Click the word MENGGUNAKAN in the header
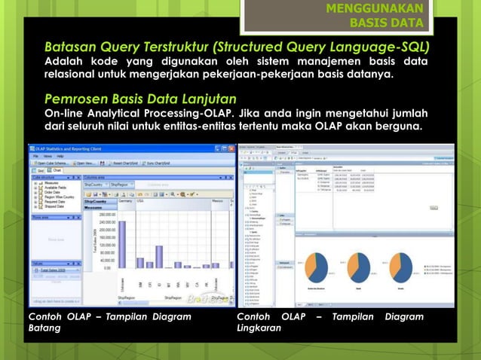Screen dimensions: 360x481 pos(374,8)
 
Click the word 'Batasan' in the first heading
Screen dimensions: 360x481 pos(70,48)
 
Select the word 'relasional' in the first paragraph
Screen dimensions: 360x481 pos(71,75)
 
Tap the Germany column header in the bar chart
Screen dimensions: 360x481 pos(126,201)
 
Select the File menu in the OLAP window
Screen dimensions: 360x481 pos(35,156)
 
